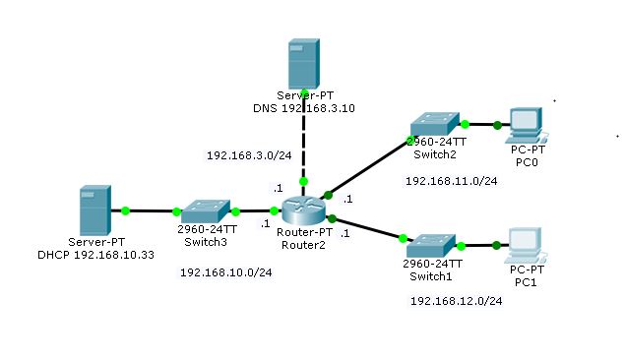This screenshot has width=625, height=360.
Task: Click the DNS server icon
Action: click(304, 64)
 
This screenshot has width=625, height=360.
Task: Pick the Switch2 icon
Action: click(434, 123)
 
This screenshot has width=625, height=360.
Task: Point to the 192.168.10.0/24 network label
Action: click(225, 272)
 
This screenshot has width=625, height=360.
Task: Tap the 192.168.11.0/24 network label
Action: click(452, 181)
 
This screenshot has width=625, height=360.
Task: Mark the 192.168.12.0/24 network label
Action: click(456, 301)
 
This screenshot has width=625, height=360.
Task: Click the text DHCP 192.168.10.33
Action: click(95, 254)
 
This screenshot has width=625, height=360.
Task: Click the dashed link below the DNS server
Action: click(304, 148)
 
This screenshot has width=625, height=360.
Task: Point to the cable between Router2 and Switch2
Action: click(369, 164)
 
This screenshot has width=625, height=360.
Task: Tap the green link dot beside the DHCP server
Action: click(126, 210)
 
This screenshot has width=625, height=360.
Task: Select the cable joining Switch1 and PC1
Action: click(480, 244)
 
